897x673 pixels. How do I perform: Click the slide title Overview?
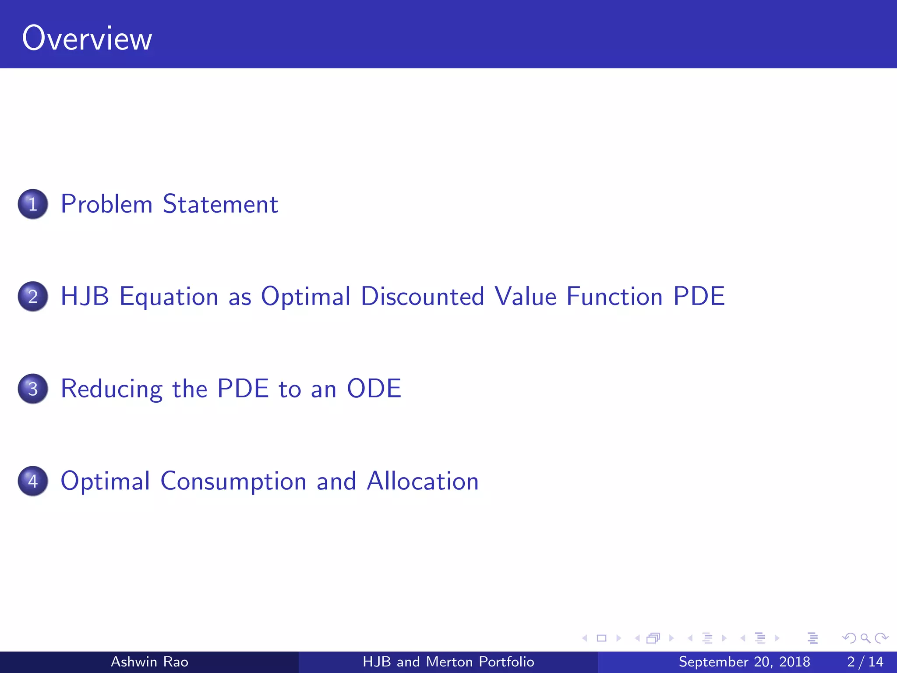click(87, 39)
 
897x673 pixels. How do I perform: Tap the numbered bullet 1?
click(33, 204)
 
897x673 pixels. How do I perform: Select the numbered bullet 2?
click(33, 297)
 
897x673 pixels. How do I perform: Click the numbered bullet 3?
click(33, 389)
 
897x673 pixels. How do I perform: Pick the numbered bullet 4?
click(33, 481)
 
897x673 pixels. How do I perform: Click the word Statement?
click(220, 204)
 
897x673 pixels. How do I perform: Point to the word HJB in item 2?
click(85, 297)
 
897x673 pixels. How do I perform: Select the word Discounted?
click(422, 297)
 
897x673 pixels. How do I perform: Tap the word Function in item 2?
click(614, 297)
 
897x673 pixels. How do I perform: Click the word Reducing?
click(112, 389)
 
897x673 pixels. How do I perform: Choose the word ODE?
click(374, 388)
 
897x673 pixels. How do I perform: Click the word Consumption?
click(233, 482)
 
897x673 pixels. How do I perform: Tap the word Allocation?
click(423, 481)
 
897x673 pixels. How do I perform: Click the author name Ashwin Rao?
click(149, 662)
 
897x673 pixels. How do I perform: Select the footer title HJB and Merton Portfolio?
click(448, 662)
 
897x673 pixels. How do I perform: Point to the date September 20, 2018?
click(744, 662)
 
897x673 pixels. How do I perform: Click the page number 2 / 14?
click(865, 662)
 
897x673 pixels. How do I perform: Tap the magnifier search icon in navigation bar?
click(865, 638)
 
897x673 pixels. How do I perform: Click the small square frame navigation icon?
click(601, 638)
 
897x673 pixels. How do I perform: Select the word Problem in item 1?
click(106, 204)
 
